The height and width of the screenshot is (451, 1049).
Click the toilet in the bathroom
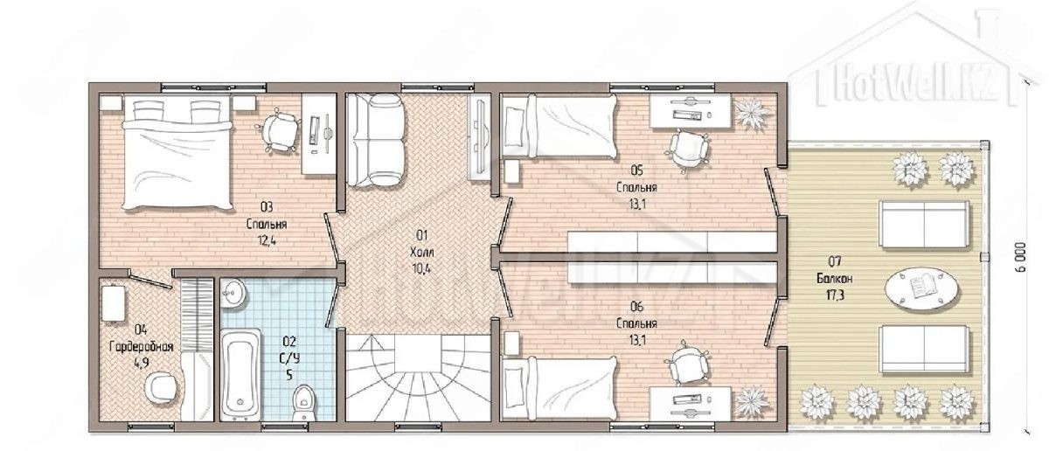pyautogui.click(x=304, y=403)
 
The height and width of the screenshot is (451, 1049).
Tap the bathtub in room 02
pyautogui.click(x=240, y=374)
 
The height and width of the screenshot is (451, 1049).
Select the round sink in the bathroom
pyautogui.click(x=233, y=294)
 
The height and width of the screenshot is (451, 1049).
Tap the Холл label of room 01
pyautogui.click(x=422, y=253)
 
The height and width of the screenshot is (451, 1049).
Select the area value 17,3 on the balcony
pyautogui.click(x=835, y=295)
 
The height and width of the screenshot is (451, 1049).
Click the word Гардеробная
pyautogui.click(x=141, y=347)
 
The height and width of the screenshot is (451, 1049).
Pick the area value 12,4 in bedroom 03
pyautogui.click(x=267, y=240)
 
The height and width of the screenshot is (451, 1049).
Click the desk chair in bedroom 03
pyautogui.click(x=279, y=131)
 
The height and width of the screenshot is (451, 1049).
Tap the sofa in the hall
pyautogui.click(x=375, y=141)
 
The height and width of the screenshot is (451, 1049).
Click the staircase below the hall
pyautogui.click(x=418, y=378)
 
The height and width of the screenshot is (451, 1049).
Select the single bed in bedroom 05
pyautogui.click(x=559, y=126)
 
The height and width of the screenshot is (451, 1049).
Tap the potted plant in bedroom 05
pyautogui.click(x=752, y=112)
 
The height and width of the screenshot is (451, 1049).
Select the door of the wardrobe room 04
pyautogui.click(x=150, y=281)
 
